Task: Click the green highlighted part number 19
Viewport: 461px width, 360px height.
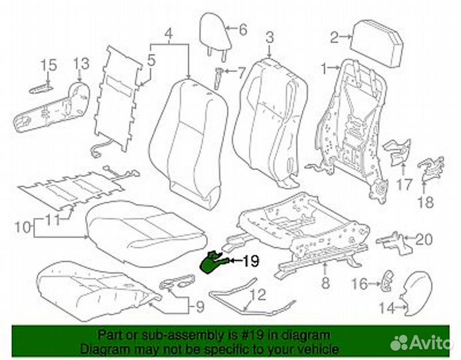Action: tap(215, 262)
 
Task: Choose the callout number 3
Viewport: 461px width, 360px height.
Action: tap(269, 36)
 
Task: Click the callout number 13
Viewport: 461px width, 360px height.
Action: tap(81, 65)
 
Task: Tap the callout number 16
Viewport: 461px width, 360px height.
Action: tap(358, 285)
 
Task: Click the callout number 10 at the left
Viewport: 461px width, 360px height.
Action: tap(21, 227)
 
